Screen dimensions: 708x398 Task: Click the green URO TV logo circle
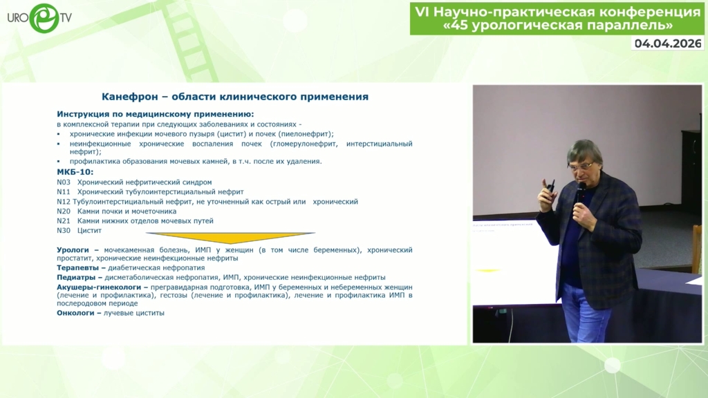coord(44,18)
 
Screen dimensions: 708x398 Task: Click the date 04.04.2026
coord(668,44)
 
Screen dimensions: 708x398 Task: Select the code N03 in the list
coord(64,182)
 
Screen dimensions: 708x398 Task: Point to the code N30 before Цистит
coord(64,231)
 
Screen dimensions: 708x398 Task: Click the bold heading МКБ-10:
coord(75,172)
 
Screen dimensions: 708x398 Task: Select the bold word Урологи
coord(73,250)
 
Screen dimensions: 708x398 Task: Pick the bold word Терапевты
coord(77,268)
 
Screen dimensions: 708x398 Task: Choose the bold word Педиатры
coord(76,278)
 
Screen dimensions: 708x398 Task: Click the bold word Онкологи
coord(75,313)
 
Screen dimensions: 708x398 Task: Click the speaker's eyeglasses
coord(581,166)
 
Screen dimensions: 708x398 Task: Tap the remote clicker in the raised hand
coord(550,189)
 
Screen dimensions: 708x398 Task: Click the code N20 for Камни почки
coord(64,211)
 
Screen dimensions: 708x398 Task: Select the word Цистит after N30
coord(89,231)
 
